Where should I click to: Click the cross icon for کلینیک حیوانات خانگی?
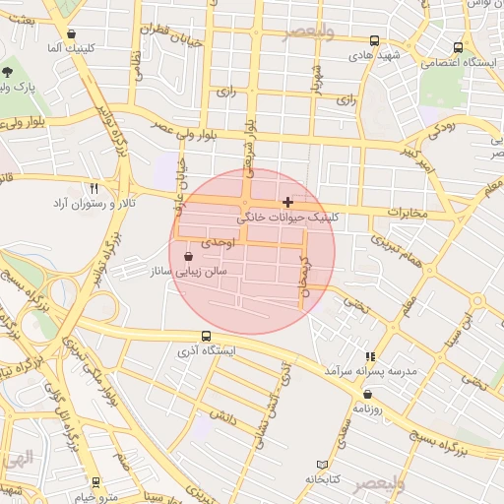click(x=287, y=202)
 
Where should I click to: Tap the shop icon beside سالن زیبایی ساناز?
click(x=188, y=256)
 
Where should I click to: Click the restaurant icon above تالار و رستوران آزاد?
click(x=94, y=187)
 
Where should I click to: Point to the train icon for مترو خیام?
click(x=95, y=481)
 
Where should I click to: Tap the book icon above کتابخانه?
click(x=322, y=464)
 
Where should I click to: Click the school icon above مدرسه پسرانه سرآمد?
click(x=370, y=356)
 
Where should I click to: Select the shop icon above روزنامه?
click(x=367, y=394)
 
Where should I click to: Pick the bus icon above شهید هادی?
click(x=374, y=41)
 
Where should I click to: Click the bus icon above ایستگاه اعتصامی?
click(x=458, y=47)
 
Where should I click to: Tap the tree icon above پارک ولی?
click(x=9, y=72)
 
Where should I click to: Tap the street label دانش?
click(x=222, y=418)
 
